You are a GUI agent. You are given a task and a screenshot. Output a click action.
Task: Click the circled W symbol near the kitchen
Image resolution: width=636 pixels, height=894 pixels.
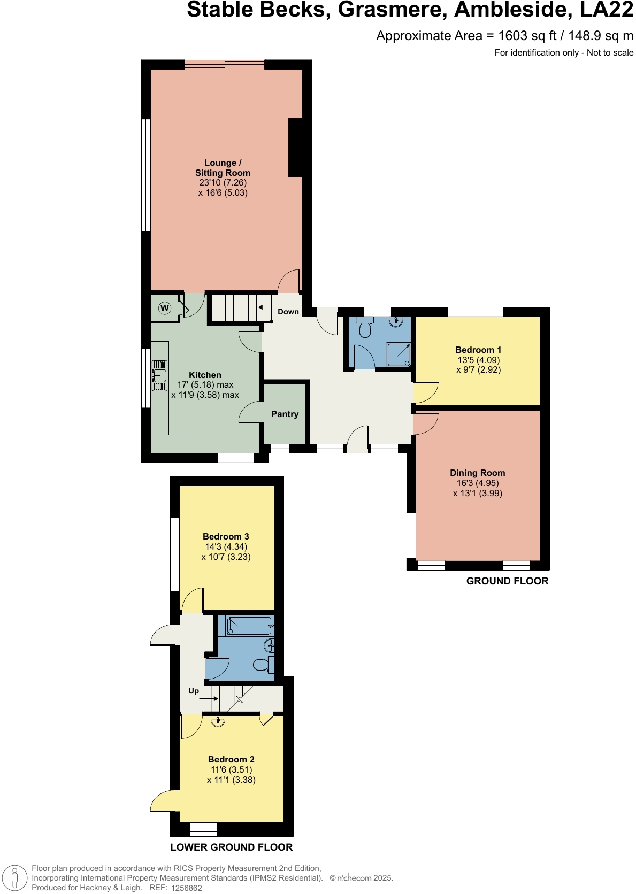tap(165, 308)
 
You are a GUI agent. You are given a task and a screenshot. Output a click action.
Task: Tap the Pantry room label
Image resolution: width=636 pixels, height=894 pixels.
tap(285, 414)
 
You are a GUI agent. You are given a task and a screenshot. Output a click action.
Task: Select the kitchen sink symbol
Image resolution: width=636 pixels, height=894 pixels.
tap(159, 375)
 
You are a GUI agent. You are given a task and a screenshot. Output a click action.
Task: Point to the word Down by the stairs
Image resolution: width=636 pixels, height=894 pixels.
tap(288, 312)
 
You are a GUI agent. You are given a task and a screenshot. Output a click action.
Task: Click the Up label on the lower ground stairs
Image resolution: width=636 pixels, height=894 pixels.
tap(194, 691)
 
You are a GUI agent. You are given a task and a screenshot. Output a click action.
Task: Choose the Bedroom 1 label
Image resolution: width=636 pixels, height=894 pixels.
tap(478, 350)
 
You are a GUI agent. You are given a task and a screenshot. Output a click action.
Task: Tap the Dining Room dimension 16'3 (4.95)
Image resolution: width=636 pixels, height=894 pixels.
tap(478, 483)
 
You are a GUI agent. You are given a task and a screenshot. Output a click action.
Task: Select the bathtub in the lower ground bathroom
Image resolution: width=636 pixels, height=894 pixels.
tap(249, 626)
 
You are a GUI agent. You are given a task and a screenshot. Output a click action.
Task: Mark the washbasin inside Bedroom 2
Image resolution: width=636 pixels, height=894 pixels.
tap(218, 722)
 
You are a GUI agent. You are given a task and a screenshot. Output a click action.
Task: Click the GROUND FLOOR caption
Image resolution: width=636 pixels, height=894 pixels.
tap(507, 581)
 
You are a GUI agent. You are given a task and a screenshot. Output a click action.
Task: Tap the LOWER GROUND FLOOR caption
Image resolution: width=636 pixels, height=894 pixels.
tap(231, 847)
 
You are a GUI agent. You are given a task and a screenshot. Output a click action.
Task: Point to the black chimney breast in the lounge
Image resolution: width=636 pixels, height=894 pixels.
tap(296, 147)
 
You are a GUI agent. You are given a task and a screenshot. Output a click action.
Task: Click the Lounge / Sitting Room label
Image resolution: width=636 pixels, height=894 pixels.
tap(223, 167)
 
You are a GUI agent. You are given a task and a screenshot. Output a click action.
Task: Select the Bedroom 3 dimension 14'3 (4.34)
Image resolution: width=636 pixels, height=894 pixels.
tap(226, 546)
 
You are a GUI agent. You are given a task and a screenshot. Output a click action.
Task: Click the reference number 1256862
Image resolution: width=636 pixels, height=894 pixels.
tap(186, 888)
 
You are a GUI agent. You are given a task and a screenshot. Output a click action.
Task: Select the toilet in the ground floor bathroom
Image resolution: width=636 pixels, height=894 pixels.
tap(366, 329)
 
